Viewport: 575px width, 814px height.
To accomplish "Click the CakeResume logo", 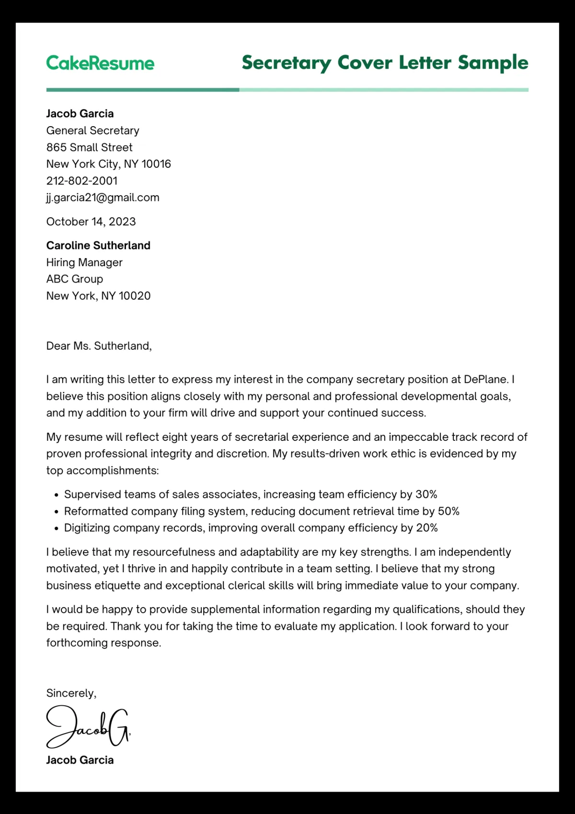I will [100, 63].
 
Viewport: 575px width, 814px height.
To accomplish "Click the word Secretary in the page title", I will [286, 63].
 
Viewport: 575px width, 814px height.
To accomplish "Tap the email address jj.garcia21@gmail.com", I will [103, 198].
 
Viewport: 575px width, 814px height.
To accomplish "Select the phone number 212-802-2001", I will [81, 181].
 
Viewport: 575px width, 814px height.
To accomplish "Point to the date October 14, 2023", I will [91, 222].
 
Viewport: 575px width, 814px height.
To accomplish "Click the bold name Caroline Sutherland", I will [98, 246].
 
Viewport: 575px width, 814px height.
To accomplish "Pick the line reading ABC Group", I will [74, 279].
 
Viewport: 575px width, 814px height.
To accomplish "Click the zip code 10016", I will [156, 164].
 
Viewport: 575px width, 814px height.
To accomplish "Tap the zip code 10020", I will [135, 296].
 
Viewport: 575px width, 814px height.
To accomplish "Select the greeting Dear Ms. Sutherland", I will [99, 346].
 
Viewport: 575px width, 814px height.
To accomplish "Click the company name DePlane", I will [485, 379].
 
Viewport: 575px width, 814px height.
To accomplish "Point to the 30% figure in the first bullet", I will [426, 495].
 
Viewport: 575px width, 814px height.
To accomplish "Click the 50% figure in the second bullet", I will [448, 511].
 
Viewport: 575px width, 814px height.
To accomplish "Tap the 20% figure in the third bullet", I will [426, 528].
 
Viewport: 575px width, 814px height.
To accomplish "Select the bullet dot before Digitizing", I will [57, 529].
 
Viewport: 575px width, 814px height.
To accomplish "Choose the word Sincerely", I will [70, 693].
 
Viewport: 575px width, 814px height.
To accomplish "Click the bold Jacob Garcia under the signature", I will [80, 760].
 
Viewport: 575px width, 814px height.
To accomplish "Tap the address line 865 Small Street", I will [89, 147].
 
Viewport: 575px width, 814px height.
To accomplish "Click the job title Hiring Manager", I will [84, 262].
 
